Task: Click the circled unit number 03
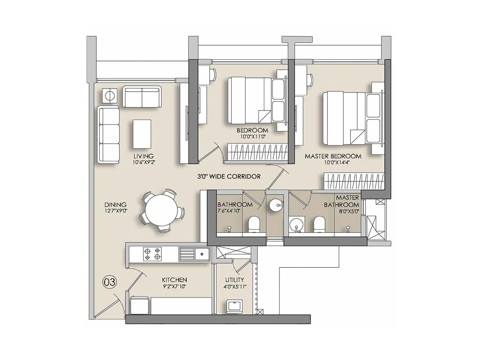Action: (x=109, y=282)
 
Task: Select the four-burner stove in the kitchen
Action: (x=152, y=254)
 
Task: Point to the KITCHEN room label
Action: (x=174, y=280)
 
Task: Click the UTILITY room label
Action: (x=235, y=280)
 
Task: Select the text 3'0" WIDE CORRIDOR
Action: (x=229, y=176)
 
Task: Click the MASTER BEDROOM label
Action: (x=333, y=156)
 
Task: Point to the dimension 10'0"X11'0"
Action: (x=252, y=136)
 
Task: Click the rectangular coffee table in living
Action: (x=142, y=133)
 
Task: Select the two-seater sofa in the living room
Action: (x=142, y=97)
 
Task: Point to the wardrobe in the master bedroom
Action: (x=354, y=181)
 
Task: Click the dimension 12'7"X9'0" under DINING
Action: (x=115, y=211)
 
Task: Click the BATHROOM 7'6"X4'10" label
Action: (x=235, y=207)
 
